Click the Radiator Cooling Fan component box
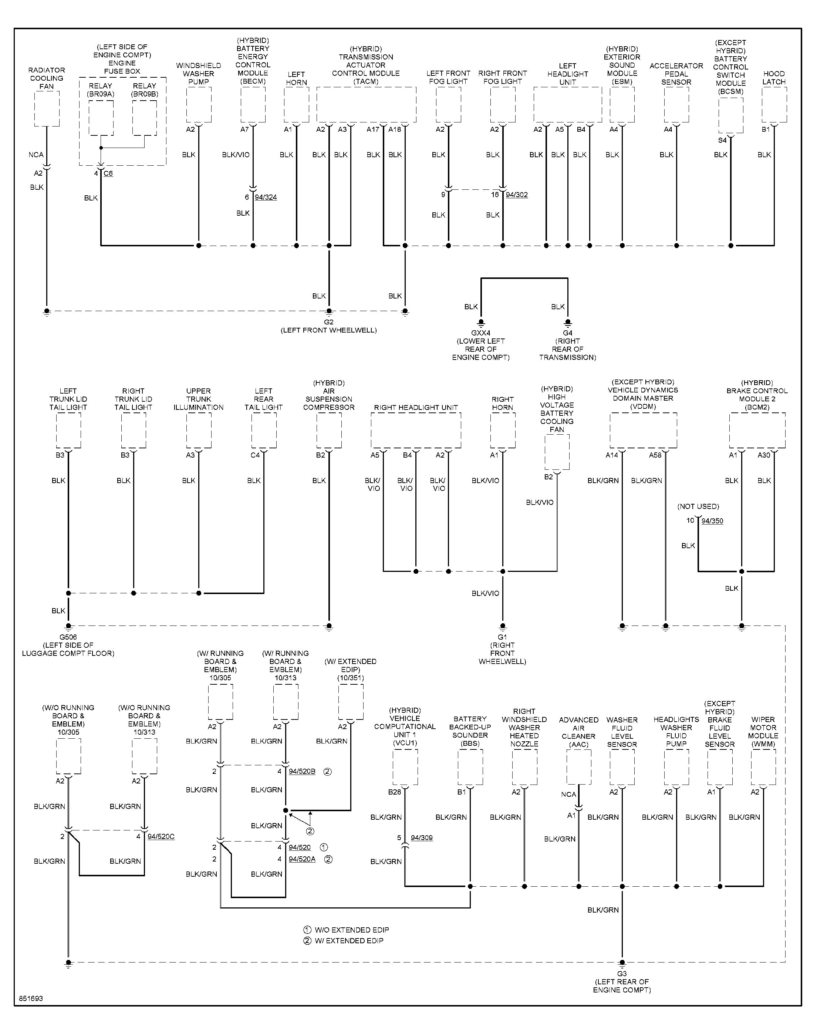(x=47, y=109)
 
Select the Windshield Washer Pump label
(x=199, y=74)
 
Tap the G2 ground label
(x=329, y=322)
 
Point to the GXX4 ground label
(x=481, y=333)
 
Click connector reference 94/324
(x=266, y=197)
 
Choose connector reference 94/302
(x=517, y=195)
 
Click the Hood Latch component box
(x=774, y=105)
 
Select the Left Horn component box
(x=297, y=105)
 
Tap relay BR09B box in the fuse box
(x=145, y=118)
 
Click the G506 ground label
(x=68, y=637)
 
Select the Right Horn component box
(x=503, y=431)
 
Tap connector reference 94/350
(x=712, y=521)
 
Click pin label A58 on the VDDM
(x=655, y=455)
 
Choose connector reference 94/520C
(x=161, y=836)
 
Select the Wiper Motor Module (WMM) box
(x=763, y=767)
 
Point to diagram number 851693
(x=31, y=999)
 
